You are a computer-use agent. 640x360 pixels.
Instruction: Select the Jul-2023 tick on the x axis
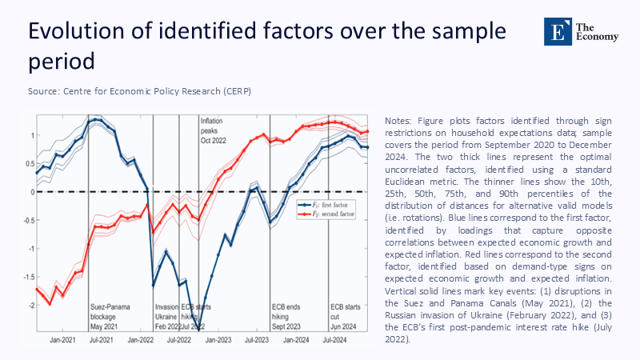[257, 340]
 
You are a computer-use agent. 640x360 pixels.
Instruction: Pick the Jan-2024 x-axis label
[296, 340]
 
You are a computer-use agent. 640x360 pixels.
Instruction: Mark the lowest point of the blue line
[199, 326]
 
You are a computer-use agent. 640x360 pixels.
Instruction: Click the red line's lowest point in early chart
[50, 304]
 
